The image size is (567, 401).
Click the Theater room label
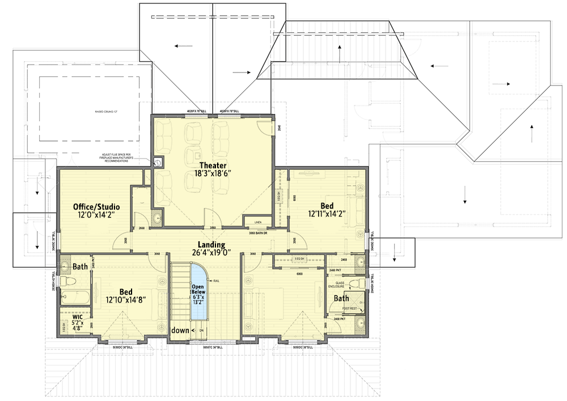tap(213, 166)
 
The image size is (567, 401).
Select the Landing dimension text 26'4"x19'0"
tap(211, 253)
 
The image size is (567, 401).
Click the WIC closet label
tap(77, 317)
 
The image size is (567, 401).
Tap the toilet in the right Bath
tap(355, 283)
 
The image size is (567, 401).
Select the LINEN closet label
tap(257, 223)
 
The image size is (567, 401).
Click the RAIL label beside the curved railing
tap(216, 279)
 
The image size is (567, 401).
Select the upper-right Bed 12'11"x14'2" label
tap(327, 210)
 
